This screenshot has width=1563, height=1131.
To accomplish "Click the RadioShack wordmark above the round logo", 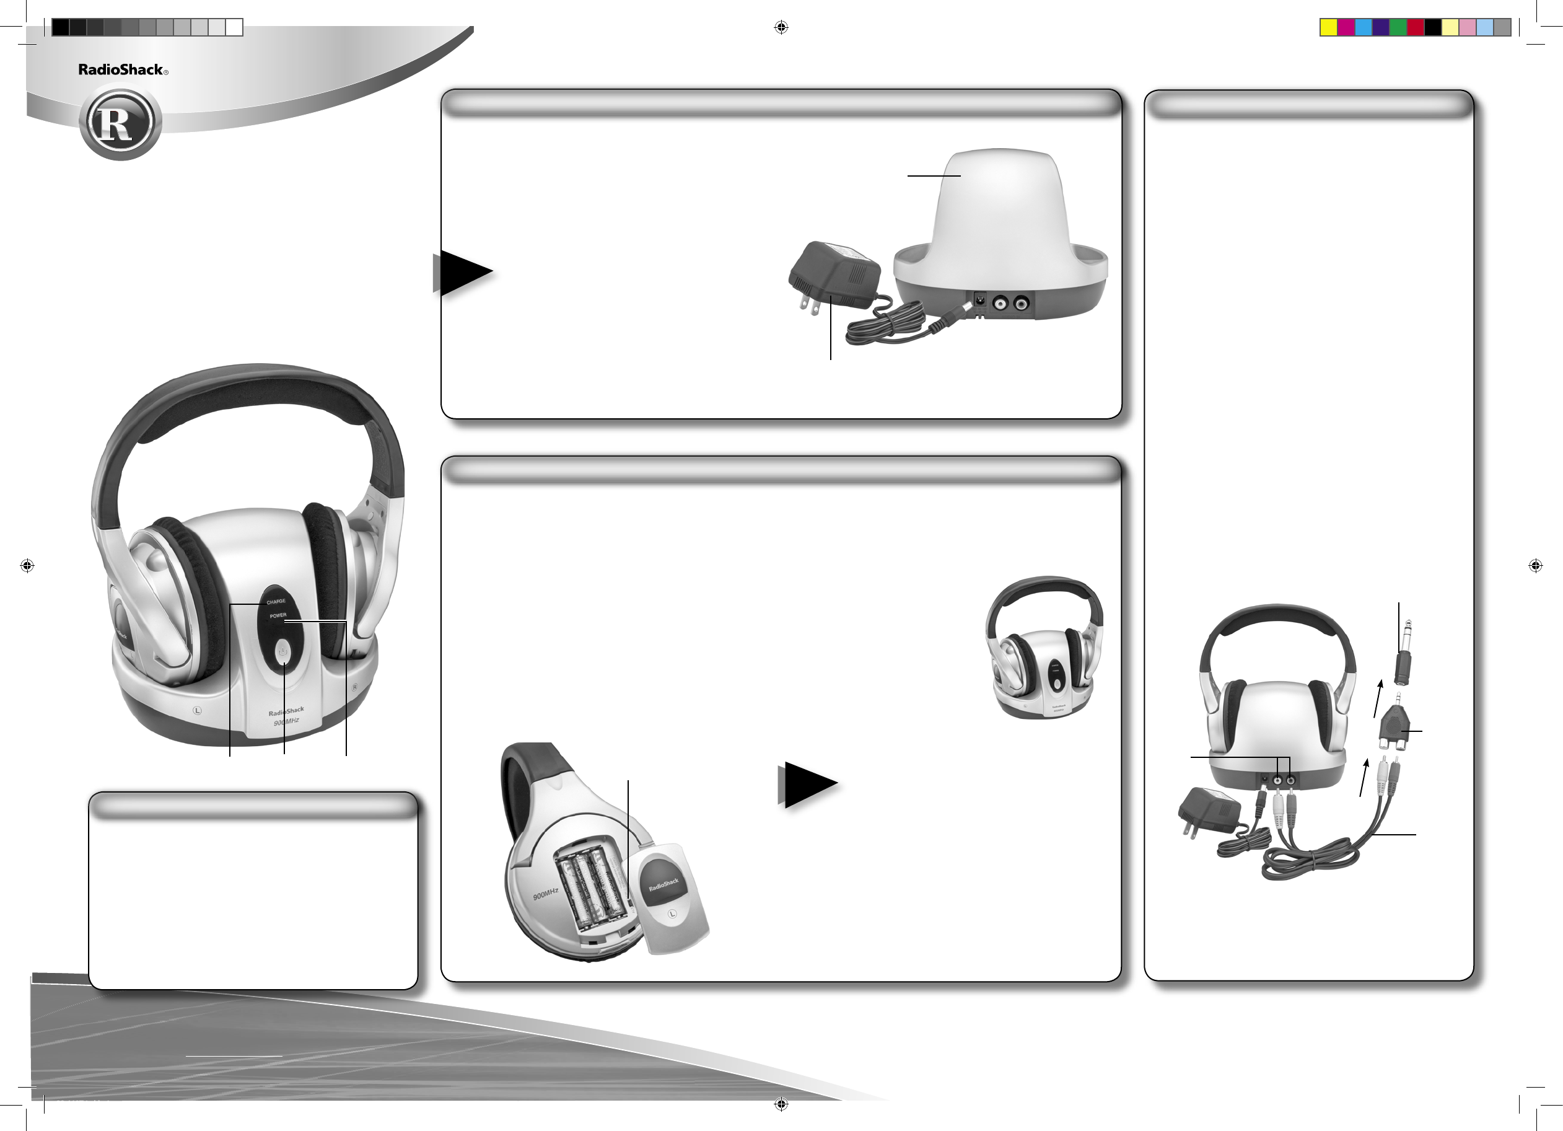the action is (x=121, y=69).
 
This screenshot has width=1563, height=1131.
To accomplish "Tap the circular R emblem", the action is (x=121, y=123).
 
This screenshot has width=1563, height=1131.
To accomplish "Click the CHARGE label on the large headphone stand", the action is (x=276, y=602).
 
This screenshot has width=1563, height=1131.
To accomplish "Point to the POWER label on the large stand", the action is (x=278, y=615).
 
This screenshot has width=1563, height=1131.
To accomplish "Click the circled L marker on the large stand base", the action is (x=197, y=710).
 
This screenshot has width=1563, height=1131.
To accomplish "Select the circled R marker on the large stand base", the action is (x=355, y=687).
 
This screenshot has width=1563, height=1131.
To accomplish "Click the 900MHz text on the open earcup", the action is (x=545, y=895).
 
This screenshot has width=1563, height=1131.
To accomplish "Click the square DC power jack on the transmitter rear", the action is (x=978, y=301).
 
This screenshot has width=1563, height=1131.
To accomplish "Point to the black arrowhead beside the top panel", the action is (x=466, y=272).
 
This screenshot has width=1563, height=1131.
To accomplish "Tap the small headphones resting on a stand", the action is (x=1044, y=648).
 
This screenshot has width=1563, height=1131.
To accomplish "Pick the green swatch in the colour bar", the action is (x=1398, y=27).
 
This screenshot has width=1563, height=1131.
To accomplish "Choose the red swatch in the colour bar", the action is (x=1416, y=27).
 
